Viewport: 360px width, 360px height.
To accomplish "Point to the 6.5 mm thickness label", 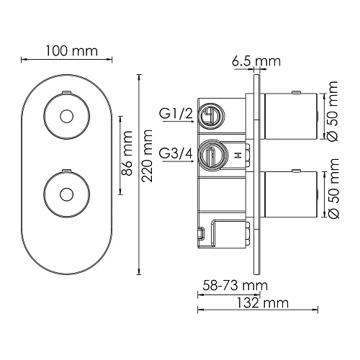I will pyautogui.click(x=256, y=61).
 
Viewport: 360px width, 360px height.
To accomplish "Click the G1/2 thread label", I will pyautogui.click(x=174, y=113).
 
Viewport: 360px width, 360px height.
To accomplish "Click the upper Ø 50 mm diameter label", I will pyautogui.click(x=333, y=114).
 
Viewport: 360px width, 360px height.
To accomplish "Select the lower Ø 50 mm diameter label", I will pyautogui.click(x=333, y=192).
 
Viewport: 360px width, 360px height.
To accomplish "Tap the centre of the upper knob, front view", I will pyautogui.click(x=66, y=116).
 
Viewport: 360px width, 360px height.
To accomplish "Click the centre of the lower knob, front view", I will pyautogui.click(x=66, y=193).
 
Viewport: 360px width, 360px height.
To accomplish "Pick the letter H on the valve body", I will pyautogui.click(x=236, y=154).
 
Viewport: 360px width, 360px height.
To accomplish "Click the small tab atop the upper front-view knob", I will pyautogui.click(x=66, y=92).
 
